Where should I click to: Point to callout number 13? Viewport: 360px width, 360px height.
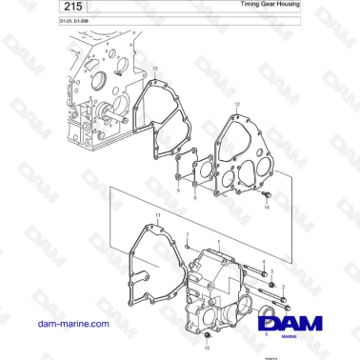155,70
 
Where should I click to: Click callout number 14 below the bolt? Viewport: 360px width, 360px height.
267,207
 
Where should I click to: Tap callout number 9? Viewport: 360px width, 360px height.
177,190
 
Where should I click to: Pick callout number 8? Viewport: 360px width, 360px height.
195,197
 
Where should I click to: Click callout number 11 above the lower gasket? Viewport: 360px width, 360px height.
158,217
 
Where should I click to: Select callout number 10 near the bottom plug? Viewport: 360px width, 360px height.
209,347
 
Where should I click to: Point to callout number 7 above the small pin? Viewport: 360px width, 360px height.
188,233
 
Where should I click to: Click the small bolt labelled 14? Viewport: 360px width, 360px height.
266,195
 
